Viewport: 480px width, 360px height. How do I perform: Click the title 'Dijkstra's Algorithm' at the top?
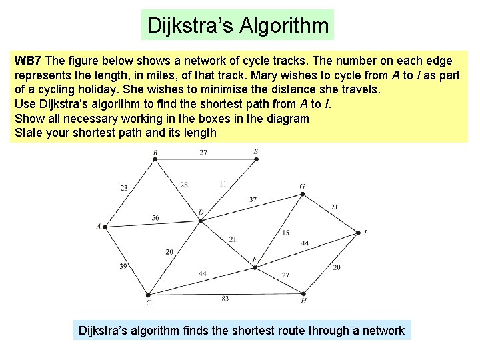[x=238, y=26]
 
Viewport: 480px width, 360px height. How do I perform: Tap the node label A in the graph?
[x=99, y=226]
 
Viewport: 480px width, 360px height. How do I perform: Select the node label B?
[x=155, y=152]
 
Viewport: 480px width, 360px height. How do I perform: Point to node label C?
[x=149, y=303]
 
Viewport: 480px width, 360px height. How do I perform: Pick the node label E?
[x=255, y=152]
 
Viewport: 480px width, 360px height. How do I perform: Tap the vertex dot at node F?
[x=254, y=267]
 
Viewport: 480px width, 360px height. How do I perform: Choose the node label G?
[x=302, y=187]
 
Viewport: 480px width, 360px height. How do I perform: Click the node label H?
[x=303, y=301]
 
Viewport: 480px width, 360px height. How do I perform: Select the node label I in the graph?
[x=365, y=233]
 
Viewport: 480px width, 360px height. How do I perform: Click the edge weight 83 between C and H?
[x=225, y=299]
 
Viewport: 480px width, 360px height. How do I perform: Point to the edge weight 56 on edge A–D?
[x=155, y=217]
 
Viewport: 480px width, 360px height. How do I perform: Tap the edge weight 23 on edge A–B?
[x=124, y=189]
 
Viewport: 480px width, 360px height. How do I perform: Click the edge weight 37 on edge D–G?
[x=253, y=199]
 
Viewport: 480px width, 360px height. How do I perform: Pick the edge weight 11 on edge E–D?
[x=223, y=183]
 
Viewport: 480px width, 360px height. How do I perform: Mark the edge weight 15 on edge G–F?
[x=285, y=233]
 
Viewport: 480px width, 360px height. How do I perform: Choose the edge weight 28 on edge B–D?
[x=184, y=185]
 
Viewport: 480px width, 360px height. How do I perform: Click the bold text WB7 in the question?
[x=27, y=60]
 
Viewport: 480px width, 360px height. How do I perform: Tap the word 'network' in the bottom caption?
[x=380, y=331]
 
